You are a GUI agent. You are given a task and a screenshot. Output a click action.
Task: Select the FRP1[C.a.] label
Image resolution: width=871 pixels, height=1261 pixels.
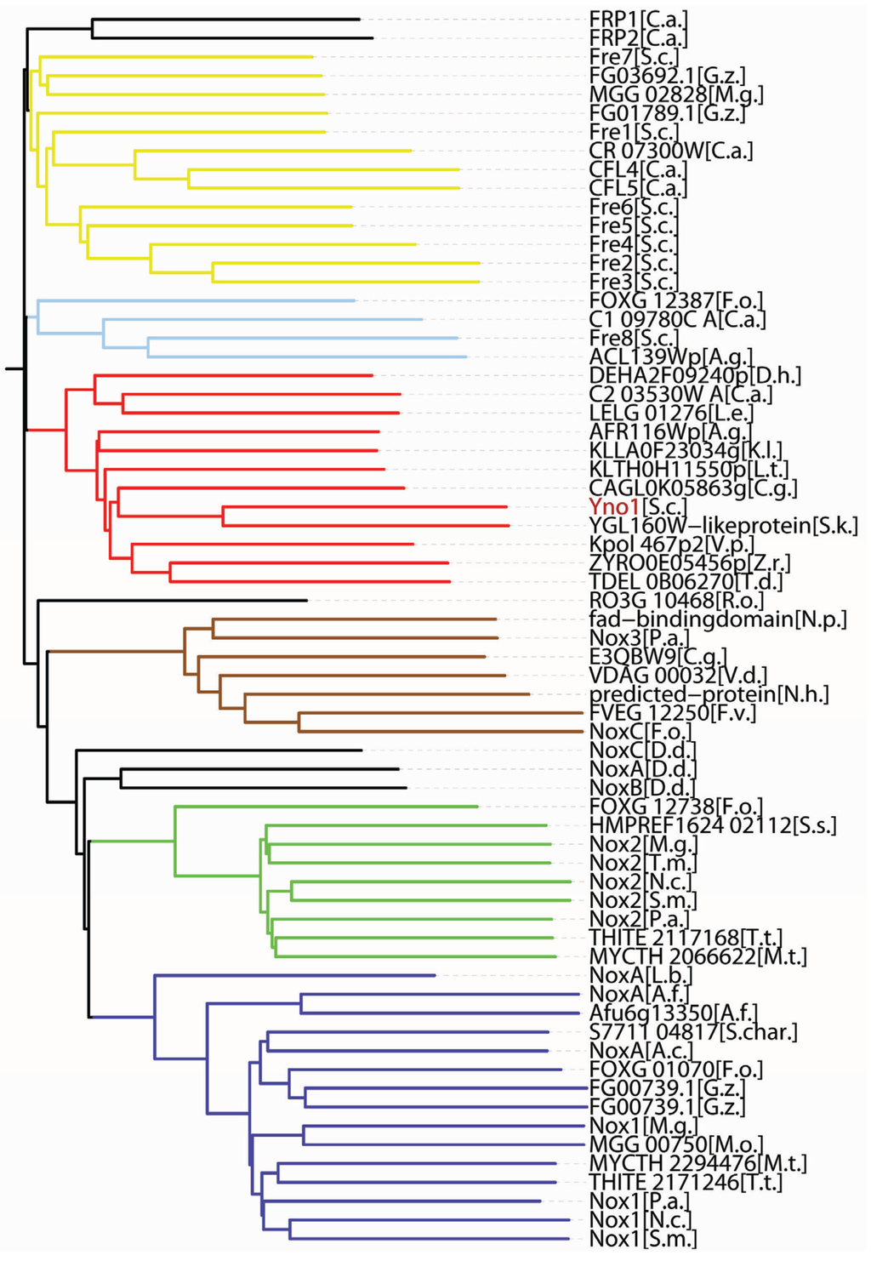coord(638,19)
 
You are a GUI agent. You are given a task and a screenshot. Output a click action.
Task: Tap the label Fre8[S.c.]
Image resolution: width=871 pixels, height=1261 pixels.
coord(634,339)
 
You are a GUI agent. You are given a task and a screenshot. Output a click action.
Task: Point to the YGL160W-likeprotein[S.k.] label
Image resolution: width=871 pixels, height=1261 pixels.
coord(723,526)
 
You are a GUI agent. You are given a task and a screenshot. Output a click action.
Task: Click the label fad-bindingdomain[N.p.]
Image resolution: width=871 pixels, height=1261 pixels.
coord(718,619)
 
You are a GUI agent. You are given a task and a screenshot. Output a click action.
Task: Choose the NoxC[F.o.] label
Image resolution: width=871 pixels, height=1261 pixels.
coord(640,732)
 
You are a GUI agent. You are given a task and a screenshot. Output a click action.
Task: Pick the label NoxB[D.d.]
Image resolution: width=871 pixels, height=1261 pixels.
coord(642,788)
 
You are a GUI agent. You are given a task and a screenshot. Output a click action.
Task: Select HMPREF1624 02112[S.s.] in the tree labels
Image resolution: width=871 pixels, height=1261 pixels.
coord(713,825)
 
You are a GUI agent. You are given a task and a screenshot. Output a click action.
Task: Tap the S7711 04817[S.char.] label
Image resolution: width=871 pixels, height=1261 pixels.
coord(693,1032)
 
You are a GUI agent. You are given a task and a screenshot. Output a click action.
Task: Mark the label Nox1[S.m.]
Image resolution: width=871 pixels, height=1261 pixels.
coord(642,1239)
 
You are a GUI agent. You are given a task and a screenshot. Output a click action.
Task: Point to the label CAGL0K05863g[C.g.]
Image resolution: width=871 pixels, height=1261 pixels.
coord(693,488)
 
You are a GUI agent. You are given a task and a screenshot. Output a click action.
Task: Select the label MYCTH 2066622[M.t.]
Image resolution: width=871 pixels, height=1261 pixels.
coord(697,957)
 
